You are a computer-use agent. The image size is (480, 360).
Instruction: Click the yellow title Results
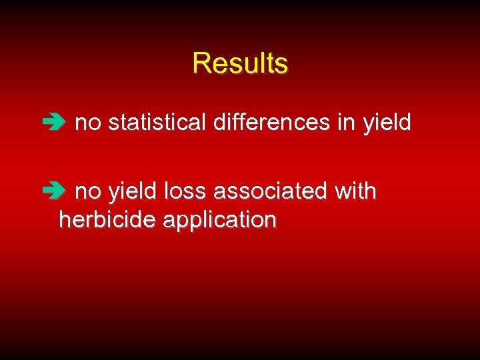[x=240, y=63]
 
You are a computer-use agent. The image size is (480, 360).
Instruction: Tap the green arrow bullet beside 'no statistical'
[x=51, y=123]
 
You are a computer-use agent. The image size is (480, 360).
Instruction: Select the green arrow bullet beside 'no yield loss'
[x=51, y=192]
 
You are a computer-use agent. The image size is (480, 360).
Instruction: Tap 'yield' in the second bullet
[x=133, y=193]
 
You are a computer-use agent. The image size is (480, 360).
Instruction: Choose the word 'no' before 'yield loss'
[x=88, y=193]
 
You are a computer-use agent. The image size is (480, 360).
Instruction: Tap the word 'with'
[x=355, y=191]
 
